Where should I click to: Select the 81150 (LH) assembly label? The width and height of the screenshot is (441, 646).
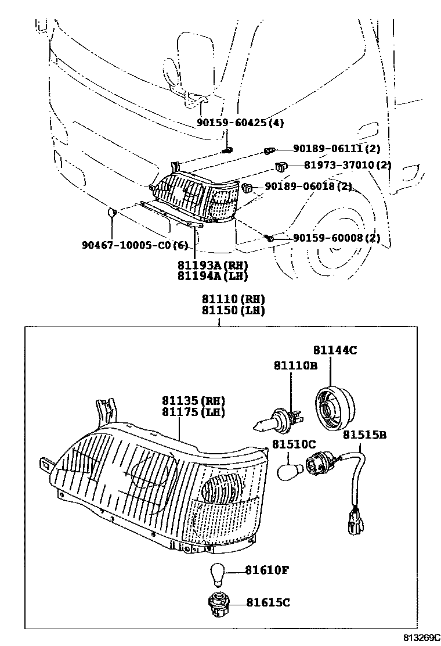point(233,311)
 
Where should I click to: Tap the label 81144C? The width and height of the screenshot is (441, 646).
point(335,350)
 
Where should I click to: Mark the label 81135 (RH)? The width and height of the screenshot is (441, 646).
point(194,401)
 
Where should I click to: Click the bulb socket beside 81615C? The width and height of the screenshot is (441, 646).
point(218,603)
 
